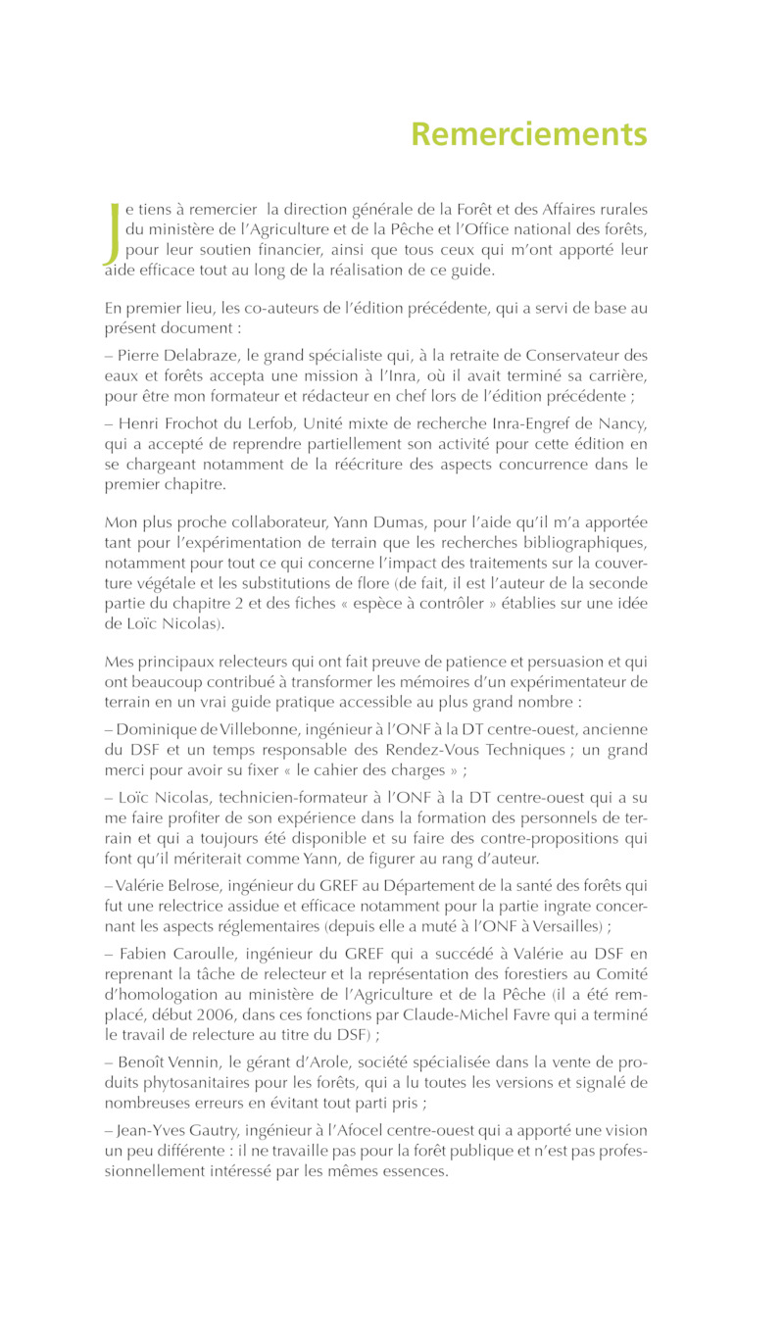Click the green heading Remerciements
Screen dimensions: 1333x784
529,134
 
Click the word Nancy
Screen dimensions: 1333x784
623,421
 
